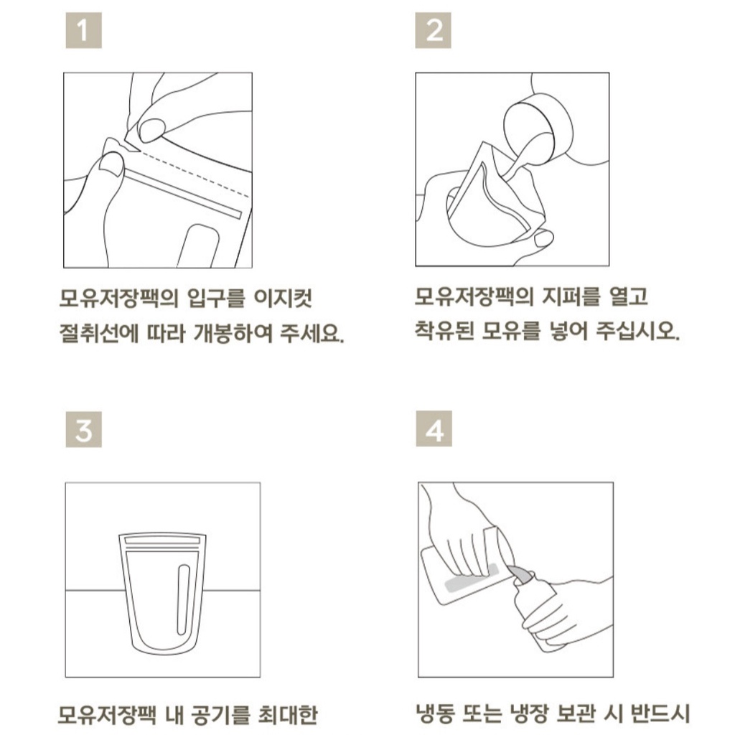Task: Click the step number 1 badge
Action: (x=83, y=30)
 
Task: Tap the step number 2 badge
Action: (x=433, y=30)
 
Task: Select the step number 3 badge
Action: (x=83, y=429)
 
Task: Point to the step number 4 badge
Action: (x=434, y=429)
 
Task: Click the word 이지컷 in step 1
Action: (x=283, y=299)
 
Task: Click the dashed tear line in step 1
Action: (x=195, y=173)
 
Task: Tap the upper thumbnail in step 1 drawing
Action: (x=152, y=130)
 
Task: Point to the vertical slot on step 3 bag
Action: (x=183, y=599)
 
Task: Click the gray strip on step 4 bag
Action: (x=471, y=579)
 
